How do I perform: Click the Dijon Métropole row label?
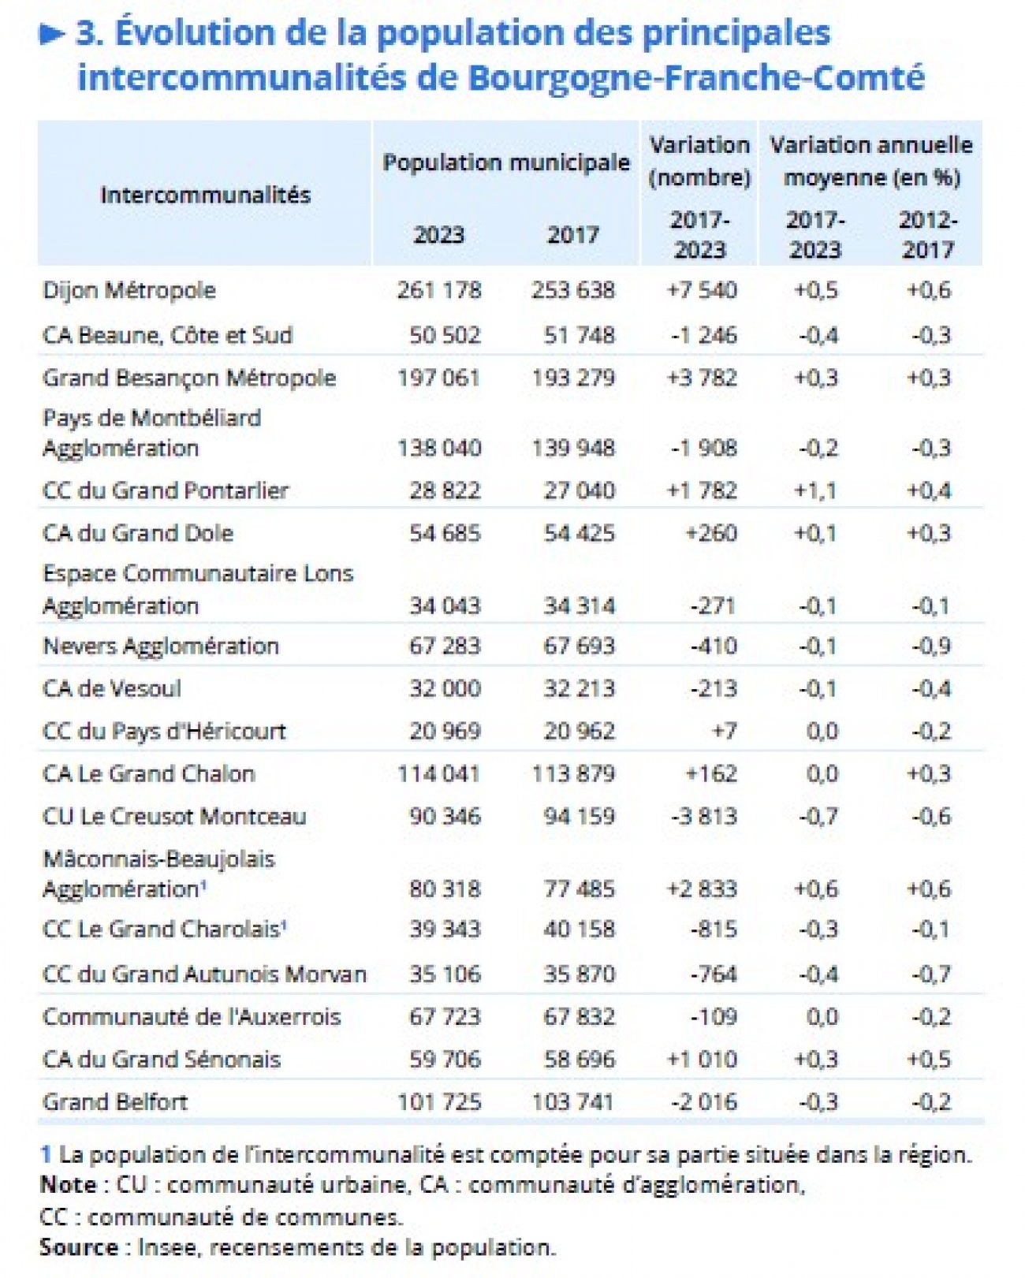pyautogui.click(x=129, y=290)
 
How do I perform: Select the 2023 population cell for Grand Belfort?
pyautogui.click(x=438, y=1101)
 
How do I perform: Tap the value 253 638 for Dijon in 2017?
pyautogui.click(x=572, y=290)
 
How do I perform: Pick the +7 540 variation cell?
pyautogui.click(x=701, y=290)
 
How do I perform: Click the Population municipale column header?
pyautogui.click(x=506, y=162)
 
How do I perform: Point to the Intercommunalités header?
pyautogui.click(x=205, y=195)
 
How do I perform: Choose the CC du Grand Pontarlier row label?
pyautogui.click(x=166, y=490)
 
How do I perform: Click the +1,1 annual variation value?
pyautogui.click(x=815, y=490)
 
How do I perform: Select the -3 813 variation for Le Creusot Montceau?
pyautogui.click(x=703, y=816)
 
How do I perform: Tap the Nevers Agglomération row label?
pyautogui.click(x=161, y=646)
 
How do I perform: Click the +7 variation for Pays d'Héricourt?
pyautogui.click(x=724, y=731)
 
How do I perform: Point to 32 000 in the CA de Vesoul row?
pyautogui.click(x=444, y=688)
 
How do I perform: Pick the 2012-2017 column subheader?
pyautogui.click(x=928, y=235)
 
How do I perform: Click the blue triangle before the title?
pyautogui.click(x=52, y=34)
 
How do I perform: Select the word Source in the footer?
pyautogui.click(x=79, y=1247)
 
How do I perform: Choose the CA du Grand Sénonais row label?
pyautogui.click(x=162, y=1059)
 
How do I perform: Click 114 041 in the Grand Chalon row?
pyautogui.click(x=438, y=773)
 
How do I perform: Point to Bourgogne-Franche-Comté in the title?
pyautogui.click(x=695, y=77)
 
